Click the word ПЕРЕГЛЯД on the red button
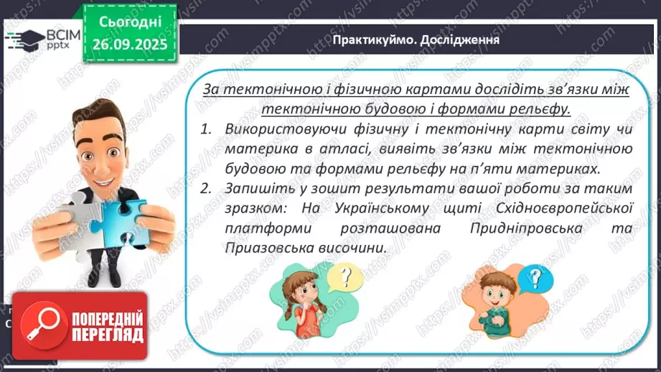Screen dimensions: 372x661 click(x=108, y=335)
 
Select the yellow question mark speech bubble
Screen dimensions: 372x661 click(x=347, y=275)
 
